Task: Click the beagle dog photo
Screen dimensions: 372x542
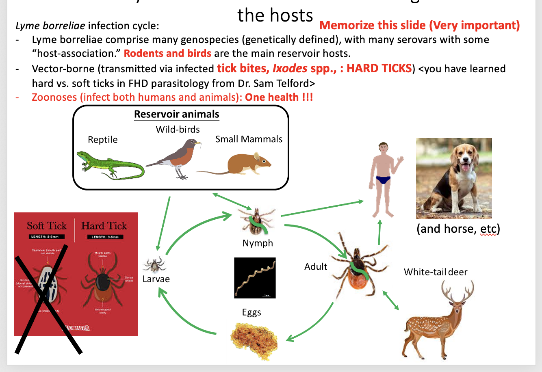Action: tap(454, 179)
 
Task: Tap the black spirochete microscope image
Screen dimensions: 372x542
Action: tap(255, 278)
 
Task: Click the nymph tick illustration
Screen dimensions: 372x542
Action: tap(257, 221)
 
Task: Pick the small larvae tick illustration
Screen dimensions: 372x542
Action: tap(154, 265)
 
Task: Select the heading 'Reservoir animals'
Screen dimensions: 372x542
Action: tap(177, 114)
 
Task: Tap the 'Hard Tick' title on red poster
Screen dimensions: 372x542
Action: tap(104, 226)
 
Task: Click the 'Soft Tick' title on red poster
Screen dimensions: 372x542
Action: tap(46, 226)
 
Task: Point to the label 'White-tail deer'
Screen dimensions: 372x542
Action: tap(436, 272)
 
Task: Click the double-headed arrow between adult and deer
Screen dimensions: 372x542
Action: tap(390, 301)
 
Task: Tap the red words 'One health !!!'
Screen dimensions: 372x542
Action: tap(279, 97)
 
